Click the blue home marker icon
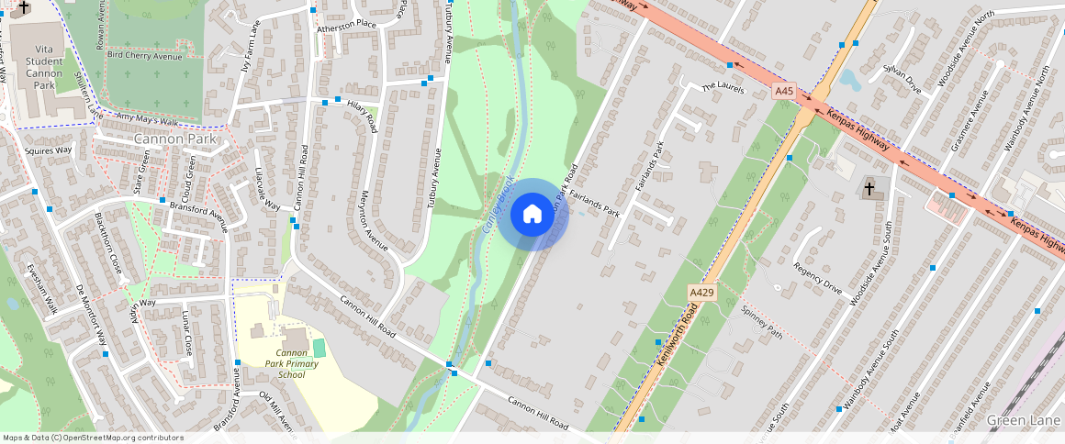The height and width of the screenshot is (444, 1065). pyautogui.click(x=532, y=215)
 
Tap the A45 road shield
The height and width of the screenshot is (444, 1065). pyautogui.click(x=783, y=92)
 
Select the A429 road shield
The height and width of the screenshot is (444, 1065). pyautogui.click(x=701, y=293)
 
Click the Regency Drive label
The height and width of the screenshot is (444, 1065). pyautogui.click(x=817, y=282)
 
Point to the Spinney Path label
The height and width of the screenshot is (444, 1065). pyautogui.click(x=761, y=321)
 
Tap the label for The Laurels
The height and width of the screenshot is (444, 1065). pyautogui.click(x=722, y=87)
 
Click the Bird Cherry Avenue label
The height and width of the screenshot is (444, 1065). pyautogui.click(x=144, y=56)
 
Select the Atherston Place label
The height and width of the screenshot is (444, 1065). pyautogui.click(x=347, y=24)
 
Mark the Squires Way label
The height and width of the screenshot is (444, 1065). pyautogui.click(x=49, y=150)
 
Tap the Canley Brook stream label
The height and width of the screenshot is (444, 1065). pyautogui.click(x=496, y=203)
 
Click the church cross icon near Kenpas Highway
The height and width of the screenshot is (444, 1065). pyautogui.click(x=869, y=189)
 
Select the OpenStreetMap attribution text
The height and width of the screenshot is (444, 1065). pyautogui.click(x=94, y=438)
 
